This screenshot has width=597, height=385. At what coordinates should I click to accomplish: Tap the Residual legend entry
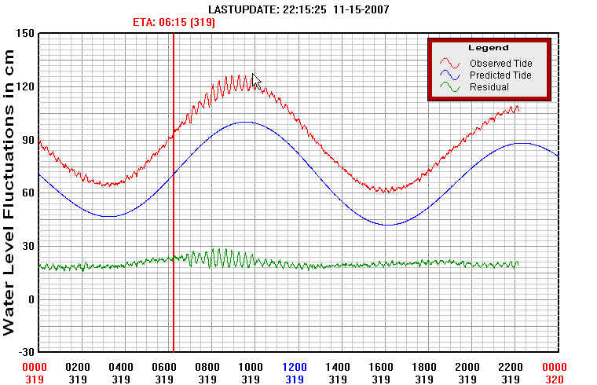coord(489,87)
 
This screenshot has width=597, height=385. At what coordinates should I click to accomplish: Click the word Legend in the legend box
coord(483,48)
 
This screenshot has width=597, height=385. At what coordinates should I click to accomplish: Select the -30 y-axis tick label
coord(25,351)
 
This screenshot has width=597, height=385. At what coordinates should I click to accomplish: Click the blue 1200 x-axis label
coord(295,367)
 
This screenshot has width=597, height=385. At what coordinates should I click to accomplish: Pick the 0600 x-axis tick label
coord(164,367)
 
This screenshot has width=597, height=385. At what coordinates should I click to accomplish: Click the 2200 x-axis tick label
coord(511,367)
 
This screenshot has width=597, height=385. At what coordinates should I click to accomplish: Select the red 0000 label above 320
coord(555,367)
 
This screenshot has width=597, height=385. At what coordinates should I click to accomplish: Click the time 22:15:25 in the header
coord(303,9)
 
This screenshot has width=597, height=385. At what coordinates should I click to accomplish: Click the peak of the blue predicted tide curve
coord(246,122)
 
